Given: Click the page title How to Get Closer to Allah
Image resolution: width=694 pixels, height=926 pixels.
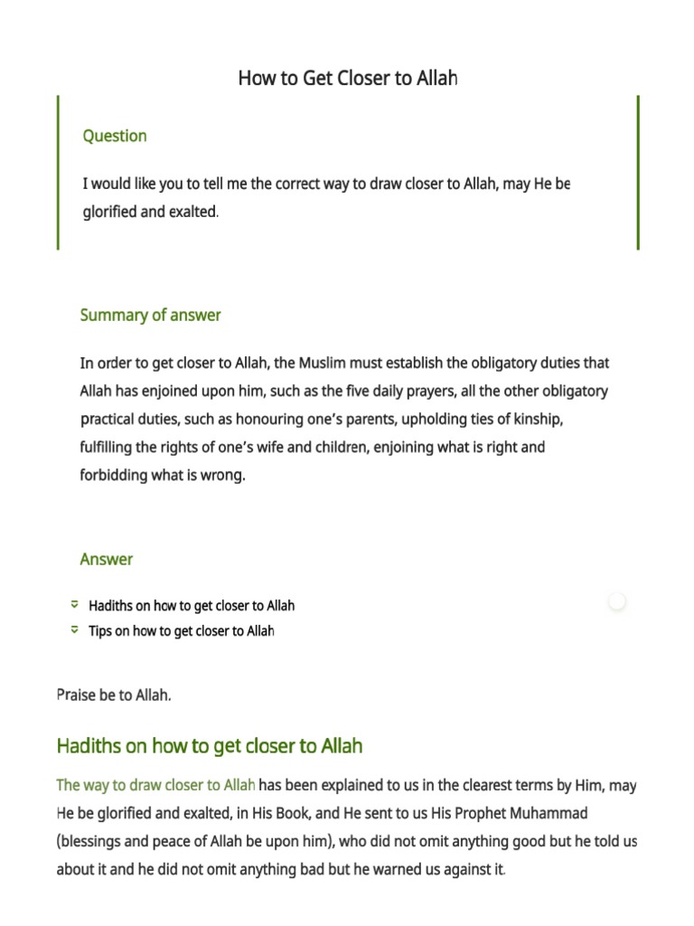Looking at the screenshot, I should [x=348, y=79].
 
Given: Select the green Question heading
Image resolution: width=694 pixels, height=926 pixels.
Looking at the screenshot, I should [x=115, y=137].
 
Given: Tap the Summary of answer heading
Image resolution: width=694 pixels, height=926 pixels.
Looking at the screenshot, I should [x=150, y=316].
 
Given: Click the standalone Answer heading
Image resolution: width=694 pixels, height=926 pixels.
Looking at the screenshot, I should [x=106, y=560].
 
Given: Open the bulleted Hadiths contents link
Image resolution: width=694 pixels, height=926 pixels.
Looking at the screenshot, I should [x=192, y=606].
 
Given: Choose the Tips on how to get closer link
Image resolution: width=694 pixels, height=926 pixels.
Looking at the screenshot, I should [x=181, y=631].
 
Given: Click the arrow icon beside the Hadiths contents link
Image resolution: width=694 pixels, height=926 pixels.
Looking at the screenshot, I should [x=75, y=605].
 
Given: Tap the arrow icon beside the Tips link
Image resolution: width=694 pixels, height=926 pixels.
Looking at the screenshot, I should [x=75, y=630].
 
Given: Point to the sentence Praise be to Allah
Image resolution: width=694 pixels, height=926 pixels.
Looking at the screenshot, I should [x=114, y=695].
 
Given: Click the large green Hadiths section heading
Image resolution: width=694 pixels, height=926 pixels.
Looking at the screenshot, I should [x=210, y=746].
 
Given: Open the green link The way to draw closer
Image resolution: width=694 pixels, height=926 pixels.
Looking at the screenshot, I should [x=155, y=785].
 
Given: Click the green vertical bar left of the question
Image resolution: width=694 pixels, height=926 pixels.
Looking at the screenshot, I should [x=59, y=172].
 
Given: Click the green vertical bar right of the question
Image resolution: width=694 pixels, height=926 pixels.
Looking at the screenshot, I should [x=638, y=172].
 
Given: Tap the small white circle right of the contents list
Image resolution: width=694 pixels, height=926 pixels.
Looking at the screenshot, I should [x=617, y=601].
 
